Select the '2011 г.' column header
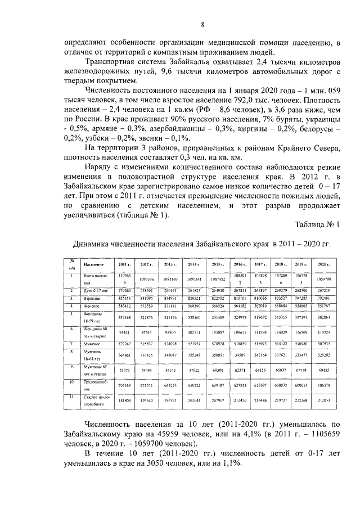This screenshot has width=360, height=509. coord(124,264)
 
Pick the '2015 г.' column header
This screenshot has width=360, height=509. coord(218,264)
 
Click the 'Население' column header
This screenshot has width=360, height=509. coord(92,264)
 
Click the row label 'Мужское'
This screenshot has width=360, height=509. coord(91,343)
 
